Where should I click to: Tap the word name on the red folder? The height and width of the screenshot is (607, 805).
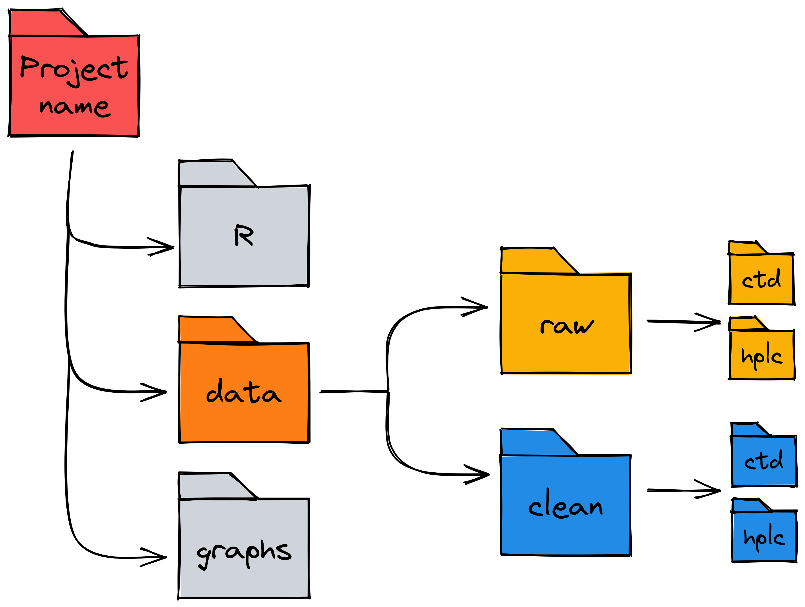coord(75,107)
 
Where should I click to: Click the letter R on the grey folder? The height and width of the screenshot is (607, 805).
coord(244,235)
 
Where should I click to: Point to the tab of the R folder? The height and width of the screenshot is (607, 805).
coord(211,174)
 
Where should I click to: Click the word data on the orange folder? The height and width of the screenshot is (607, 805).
coord(243,392)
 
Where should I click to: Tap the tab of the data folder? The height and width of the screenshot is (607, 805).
coord(211,329)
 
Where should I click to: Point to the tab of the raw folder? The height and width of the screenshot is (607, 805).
coord(533,260)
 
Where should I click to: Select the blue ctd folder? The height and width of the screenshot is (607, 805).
coord(764,461)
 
